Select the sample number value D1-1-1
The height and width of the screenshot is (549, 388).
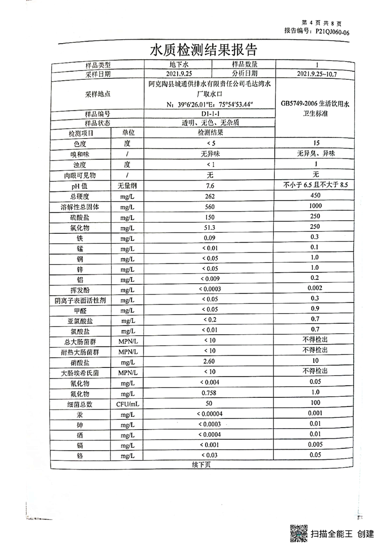(x=210, y=114)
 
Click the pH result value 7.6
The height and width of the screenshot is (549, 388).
(x=210, y=185)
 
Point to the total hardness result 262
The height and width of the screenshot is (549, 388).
(x=210, y=196)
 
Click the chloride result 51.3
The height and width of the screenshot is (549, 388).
(x=210, y=228)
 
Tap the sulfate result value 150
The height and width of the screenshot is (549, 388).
(x=210, y=217)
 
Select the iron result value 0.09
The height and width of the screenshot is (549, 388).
(x=210, y=238)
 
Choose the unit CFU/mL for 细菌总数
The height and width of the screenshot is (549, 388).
(x=127, y=404)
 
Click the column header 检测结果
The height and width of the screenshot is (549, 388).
(x=210, y=133)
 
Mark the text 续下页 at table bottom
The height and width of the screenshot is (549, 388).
(x=201, y=465)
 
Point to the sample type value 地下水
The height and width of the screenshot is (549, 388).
(x=178, y=64)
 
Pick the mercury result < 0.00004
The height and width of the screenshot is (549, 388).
(x=210, y=414)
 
